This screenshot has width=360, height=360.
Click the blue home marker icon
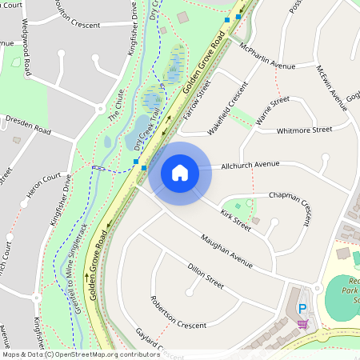click(180, 173)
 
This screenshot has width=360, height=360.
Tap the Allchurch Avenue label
click(251, 164)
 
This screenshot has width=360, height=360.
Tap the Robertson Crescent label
click(178, 313)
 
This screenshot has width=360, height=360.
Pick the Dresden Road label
click(28, 124)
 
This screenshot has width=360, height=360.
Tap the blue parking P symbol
click(302, 310)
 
